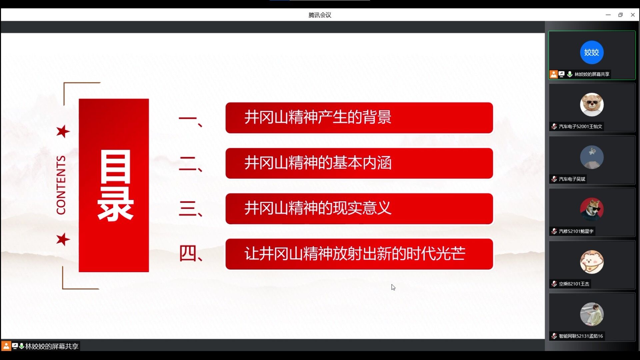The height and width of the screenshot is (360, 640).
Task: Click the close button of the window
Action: [633, 15]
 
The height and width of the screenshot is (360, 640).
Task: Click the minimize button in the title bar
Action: [608, 15]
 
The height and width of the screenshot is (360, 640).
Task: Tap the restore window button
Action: [620, 15]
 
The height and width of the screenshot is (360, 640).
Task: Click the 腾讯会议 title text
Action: [320, 15]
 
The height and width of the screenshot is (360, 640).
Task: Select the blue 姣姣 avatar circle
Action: [592, 52]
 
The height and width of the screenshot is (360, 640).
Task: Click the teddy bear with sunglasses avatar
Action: [592, 105]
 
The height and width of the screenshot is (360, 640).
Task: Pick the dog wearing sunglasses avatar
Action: [592, 209]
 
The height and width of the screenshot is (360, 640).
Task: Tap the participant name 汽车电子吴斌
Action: [572, 179]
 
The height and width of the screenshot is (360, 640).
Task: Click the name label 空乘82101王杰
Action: [574, 284]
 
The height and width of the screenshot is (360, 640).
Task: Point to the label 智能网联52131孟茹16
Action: [581, 336]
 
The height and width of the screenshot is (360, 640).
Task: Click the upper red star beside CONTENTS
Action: [63, 131]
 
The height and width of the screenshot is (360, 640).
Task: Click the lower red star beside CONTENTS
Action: [63, 239]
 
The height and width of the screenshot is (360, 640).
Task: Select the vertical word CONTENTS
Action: [61, 185]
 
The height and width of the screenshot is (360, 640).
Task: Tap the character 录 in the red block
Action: [115, 204]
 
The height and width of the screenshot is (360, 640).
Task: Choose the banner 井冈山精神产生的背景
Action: [359, 118]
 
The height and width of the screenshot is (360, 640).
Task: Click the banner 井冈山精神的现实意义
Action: [359, 209]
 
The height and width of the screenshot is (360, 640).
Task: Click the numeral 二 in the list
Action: [187, 163]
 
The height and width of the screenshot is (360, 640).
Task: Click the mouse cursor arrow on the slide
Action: [393, 287]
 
